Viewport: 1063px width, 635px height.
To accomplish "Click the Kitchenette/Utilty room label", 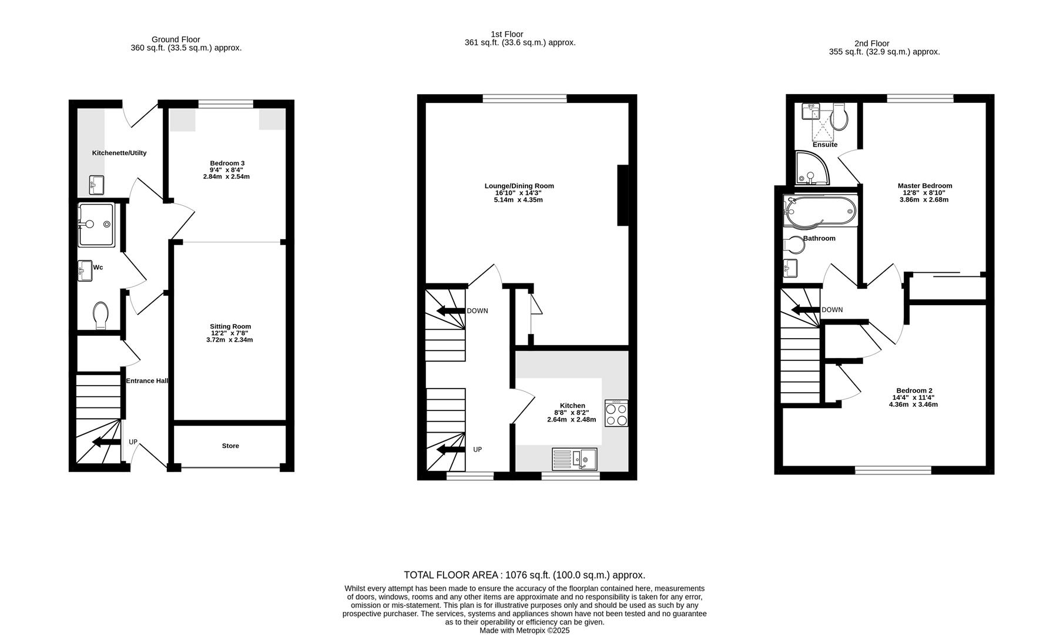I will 119,153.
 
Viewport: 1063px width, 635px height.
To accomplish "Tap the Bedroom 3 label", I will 227,163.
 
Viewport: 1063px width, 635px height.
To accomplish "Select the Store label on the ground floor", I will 230,446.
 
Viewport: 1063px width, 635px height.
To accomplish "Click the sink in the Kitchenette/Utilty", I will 96,185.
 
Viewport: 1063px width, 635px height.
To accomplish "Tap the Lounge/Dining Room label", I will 519,186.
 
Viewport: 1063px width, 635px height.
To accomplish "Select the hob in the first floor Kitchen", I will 616,413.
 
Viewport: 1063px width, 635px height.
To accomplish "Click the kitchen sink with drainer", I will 575,459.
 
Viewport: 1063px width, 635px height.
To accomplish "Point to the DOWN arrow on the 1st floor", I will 450,311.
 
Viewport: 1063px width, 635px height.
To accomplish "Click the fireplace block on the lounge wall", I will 623,195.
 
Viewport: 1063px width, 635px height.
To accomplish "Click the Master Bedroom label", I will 924,186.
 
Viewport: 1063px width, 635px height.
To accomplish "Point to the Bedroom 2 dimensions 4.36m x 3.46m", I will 913,405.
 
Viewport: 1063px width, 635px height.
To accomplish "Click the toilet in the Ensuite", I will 840,118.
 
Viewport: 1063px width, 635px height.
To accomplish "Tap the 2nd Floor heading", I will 871,44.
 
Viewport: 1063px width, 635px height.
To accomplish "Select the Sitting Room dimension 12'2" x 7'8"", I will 232,333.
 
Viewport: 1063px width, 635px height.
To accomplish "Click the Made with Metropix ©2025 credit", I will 524,630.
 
